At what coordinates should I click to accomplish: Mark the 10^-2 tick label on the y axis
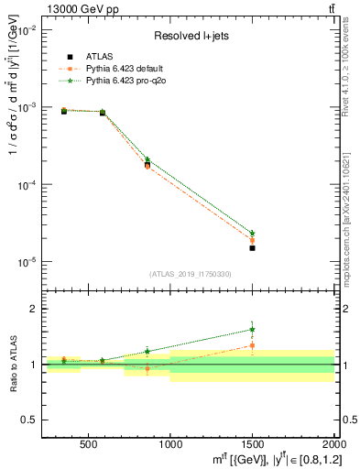27,30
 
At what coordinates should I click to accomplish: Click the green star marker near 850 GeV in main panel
147,159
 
